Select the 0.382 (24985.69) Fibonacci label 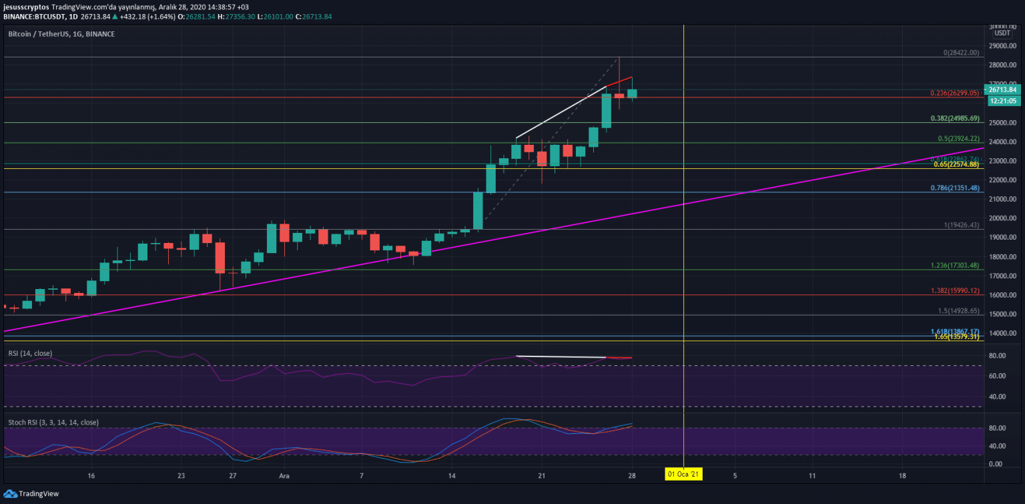(955, 119)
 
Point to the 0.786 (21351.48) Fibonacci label (955, 188)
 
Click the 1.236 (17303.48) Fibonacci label (955, 266)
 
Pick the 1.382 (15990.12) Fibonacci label (955, 291)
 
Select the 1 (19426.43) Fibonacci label (962, 226)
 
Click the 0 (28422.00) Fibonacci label (961, 53)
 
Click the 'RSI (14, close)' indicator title (30, 353)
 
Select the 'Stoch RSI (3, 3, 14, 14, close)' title (53, 423)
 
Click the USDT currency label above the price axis (1002, 33)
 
